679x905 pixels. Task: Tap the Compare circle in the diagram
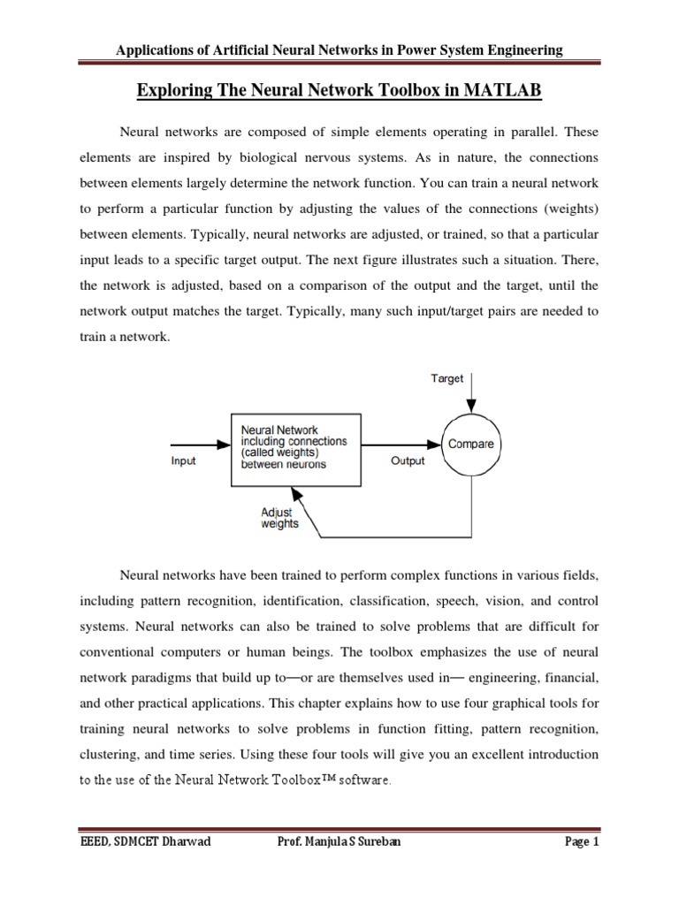471,444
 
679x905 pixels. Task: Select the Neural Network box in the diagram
295,449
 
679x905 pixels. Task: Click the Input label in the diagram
183,460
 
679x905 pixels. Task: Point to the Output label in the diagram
407,460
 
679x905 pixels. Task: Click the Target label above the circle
446,378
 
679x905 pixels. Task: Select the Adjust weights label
279,517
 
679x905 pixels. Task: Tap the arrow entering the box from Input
199,444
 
